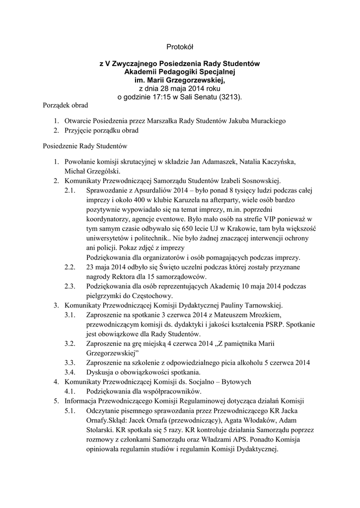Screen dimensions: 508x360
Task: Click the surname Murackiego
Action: click(266, 121)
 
